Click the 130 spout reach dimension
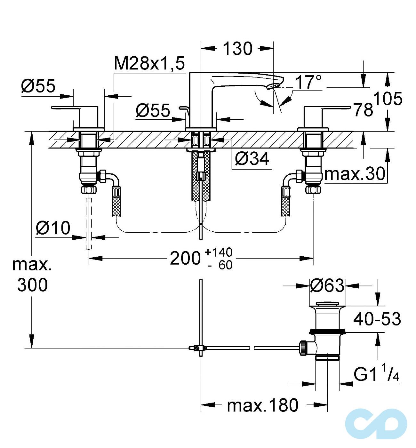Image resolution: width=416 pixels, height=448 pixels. (x=237, y=49)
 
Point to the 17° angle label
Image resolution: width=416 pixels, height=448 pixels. (x=308, y=82)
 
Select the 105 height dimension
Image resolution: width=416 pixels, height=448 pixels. (x=388, y=99)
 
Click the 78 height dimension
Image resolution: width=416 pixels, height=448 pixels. (x=363, y=110)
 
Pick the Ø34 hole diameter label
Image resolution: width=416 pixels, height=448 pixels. (x=252, y=159)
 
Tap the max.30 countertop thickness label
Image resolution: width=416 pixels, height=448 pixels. (x=355, y=174)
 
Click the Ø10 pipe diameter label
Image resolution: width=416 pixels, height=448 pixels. (x=53, y=228)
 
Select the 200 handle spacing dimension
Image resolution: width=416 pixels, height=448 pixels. (x=185, y=258)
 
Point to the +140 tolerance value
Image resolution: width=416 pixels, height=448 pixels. (x=218, y=252)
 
